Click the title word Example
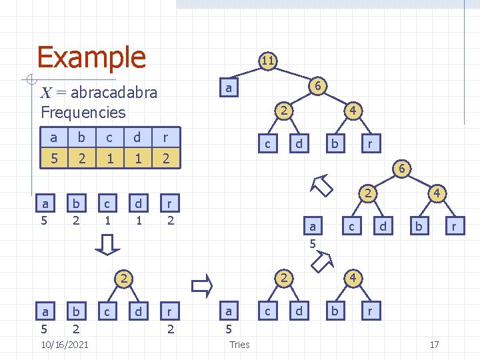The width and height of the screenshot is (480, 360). point(91,57)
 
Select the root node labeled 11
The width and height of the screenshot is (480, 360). point(267,61)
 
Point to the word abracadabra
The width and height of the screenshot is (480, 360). point(113,92)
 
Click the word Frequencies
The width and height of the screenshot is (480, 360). point(83,111)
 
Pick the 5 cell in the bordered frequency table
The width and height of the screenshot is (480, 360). point(53,159)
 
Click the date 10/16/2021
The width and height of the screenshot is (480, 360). point(65,343)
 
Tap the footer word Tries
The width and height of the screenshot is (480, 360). point(239,344)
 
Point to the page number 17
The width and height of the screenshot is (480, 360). point(434,344)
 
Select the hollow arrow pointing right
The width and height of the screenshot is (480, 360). point(201,286)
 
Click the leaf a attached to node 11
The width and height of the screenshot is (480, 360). point(229,88)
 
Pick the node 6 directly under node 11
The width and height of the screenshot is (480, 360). point(319,86)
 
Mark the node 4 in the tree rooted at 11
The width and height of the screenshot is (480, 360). point(355,110)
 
